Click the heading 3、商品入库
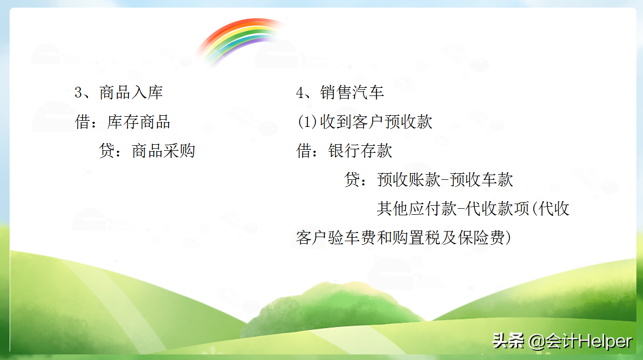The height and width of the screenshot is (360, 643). click(x=118, y=93)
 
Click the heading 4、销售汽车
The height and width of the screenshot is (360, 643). click(x=340, y=93)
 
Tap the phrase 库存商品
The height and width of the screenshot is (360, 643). click(x=138, y=122)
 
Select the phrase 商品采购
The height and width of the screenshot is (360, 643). click(x=163, y=151)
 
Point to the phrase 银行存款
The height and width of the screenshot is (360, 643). click(x=360, y=151)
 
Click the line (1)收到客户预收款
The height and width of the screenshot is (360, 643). click(x=364, y=122)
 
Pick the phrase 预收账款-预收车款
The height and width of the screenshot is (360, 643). click(x=445, y=180)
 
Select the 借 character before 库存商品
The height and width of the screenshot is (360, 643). click(x=83, y=122)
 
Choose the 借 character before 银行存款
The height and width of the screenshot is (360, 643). click(x=304, y=151)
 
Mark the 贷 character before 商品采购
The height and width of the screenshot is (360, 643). click(x=107, y=151)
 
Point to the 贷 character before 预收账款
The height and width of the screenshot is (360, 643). click(x=352, y=180)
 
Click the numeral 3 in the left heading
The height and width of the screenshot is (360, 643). click(x=79, y=93)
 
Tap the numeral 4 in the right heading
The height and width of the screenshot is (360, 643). click(x=300, y=93)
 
